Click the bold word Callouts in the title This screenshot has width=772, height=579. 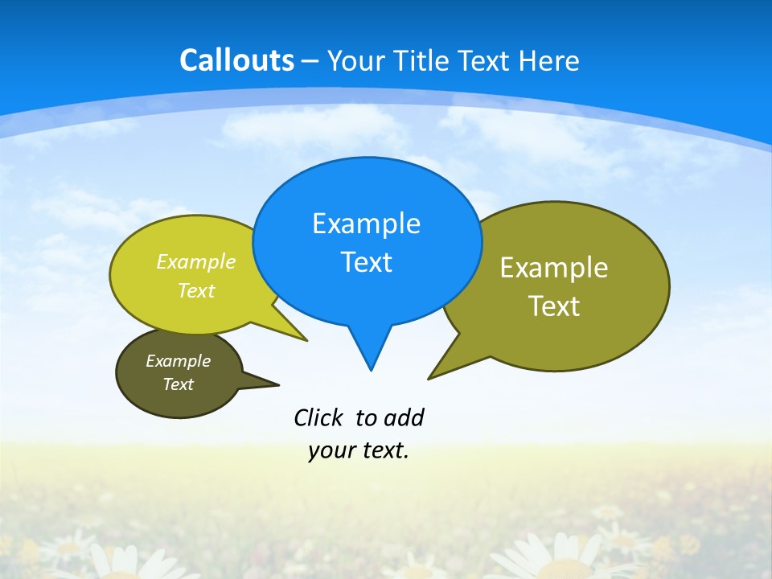pyautogui.click(x=236, y=60)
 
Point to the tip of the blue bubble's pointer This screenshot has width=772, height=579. pyautogui.click(x=371, y=370)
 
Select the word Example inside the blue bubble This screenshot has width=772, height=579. pyautogui.click(x=366, y=224)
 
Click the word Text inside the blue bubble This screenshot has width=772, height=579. pyautogui.click(x=366, y=262)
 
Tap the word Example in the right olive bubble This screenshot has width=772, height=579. pyautogui.click(x=554, y=268)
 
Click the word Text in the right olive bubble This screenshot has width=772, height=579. pyautogui.click(x=554, y=306)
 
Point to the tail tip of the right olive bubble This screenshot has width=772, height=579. pyautogui.click(x=429, y=378)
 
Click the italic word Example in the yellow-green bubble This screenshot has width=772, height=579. pyautogui.click(x=195, y=262)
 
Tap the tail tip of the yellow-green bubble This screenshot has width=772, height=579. pyautogui.click(x=307, y=341)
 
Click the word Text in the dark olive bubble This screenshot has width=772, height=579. pyautogui.click(x=178, y=384)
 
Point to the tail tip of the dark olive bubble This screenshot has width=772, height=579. pyautogui.click(x=279, y=384)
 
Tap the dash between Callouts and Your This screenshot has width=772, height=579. pyautogui.click(x=310, y=61)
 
